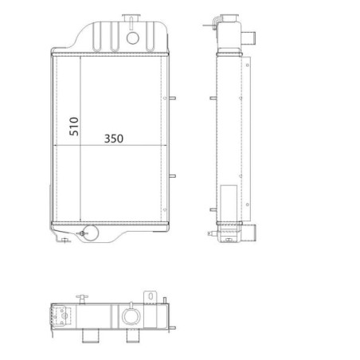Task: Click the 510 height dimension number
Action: (74, 127)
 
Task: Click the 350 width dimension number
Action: (114, 139)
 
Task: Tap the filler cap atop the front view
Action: (131, 18)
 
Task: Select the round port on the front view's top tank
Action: (133, 38)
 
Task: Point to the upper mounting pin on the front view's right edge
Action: (172, 98)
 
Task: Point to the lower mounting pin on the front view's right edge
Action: (172, 176)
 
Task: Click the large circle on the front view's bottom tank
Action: (91, 233)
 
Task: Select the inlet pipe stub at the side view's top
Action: (248, 35)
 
